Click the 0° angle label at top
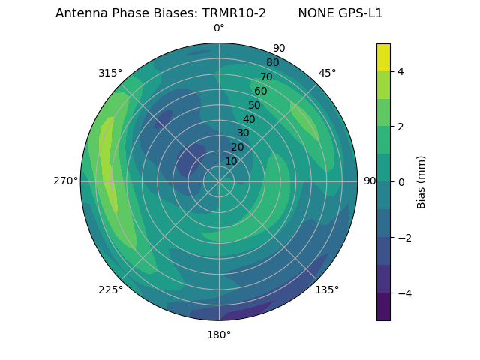219,28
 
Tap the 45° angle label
327,73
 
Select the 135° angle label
327,289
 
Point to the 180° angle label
219,334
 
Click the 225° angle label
110,289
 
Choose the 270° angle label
65,181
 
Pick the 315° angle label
110,73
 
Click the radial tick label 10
231,161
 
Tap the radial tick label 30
243,133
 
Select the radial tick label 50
255,105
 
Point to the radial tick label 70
267,76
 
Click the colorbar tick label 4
401,71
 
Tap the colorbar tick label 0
401,182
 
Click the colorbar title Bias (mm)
421,182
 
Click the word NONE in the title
314,13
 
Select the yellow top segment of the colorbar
383,57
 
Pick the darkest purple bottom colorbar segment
383,307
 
